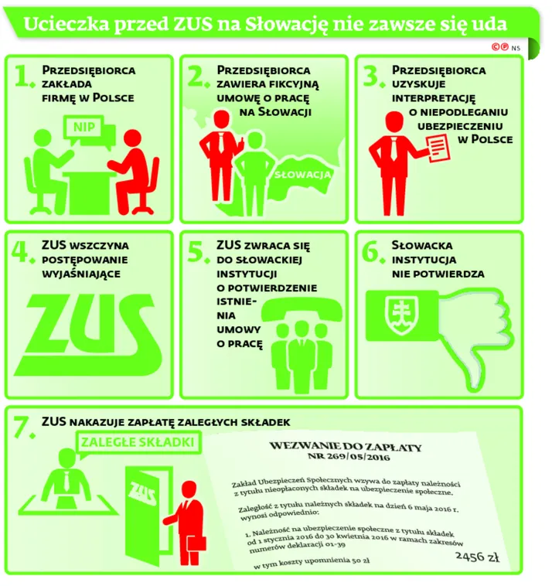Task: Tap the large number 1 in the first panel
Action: pos(23,76)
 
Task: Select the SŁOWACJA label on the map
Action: pos(303,175)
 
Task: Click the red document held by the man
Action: pos(438,147)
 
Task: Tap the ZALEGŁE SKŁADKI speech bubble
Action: pos(138,443)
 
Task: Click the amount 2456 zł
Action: pos(478,557)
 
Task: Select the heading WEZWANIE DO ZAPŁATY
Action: pos(346,446)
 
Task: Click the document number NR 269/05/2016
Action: pos(349,456)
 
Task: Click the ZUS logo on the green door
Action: pos(142,493)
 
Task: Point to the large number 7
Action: pos(23,427)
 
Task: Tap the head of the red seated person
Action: pos(133,139)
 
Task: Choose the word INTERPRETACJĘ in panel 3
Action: pos(434,98)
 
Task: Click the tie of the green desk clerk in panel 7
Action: pos(67,481)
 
